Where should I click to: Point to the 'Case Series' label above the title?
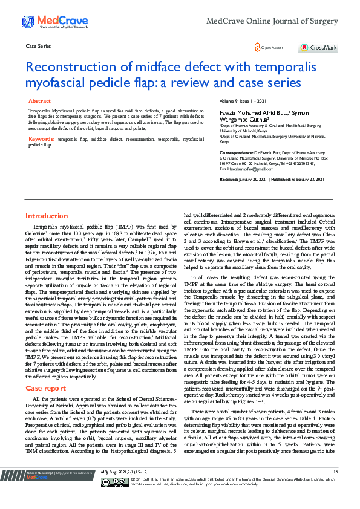click(x=38, y=46)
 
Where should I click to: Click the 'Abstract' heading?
click(x=39, y=102)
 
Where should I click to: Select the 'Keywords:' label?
click(x=42, y=139)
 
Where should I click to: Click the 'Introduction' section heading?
click(x=47, y=216)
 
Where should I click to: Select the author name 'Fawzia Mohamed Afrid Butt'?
click(x=253, y=113)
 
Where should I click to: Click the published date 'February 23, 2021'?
click(x=307, y=180)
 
